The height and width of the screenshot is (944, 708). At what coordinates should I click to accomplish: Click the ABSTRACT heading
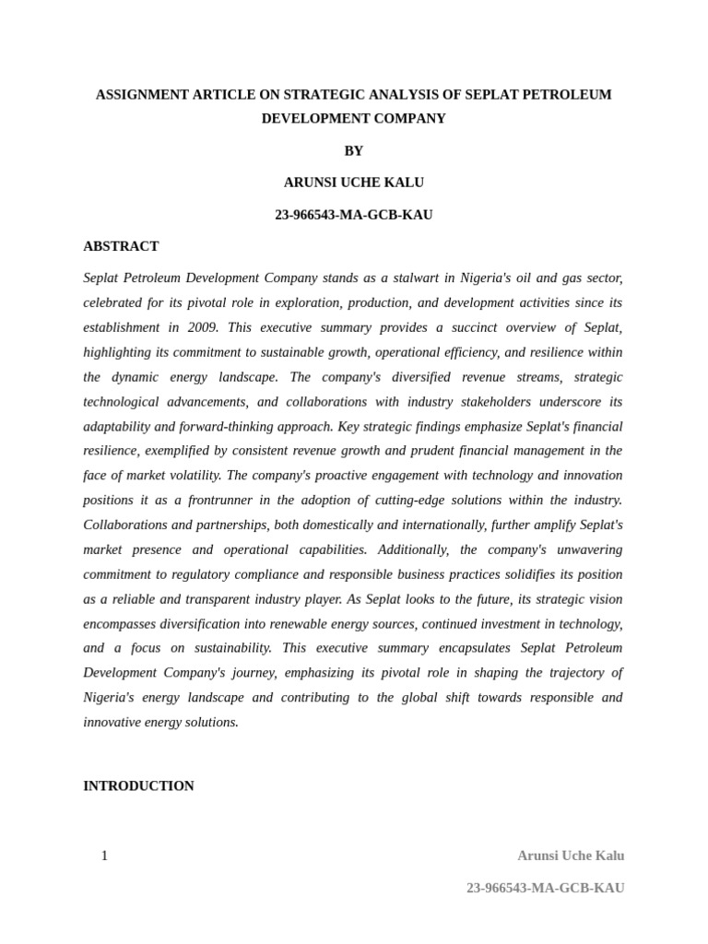click(121, 246)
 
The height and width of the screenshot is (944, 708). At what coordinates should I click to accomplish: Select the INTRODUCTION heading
click(138, 786)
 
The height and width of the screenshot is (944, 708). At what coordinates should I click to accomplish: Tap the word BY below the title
click(354, 151)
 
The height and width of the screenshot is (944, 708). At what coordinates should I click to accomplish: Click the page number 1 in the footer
click(104, 855)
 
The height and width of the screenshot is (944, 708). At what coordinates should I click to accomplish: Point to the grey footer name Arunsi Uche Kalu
click(571, 855)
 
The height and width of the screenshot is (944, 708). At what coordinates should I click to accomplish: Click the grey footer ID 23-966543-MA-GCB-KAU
click(545, 888)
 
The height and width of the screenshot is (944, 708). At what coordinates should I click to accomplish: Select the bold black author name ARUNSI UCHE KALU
click(354, 183)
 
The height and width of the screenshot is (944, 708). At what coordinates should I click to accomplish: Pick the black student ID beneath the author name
click(354, 215)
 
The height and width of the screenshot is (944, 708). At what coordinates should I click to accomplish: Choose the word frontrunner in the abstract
click(227, 500)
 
